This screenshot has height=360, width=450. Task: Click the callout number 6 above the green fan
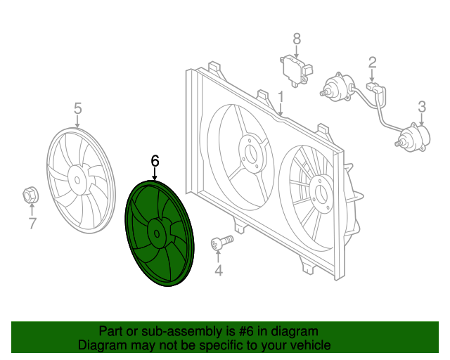point(155,161)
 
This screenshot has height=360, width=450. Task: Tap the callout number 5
point(78,108)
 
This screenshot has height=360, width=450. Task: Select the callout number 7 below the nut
point(33,224)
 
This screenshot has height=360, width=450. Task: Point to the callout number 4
point(219,271)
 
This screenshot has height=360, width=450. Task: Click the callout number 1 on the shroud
point(281,97)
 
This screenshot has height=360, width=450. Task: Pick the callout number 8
point(297,39)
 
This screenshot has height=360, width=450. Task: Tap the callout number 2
point(372,63)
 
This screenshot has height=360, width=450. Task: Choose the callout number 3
point(422,107)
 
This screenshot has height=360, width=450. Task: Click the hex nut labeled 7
point(31,195)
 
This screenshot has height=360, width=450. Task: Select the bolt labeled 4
point(222,243)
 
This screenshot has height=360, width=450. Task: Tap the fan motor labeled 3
point(413,137)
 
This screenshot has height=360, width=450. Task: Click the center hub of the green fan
point(157,233)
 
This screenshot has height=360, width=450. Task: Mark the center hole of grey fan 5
point(77,180)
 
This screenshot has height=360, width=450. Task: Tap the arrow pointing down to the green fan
point(155,174)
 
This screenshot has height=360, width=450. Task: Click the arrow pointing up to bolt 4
point(219,257)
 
